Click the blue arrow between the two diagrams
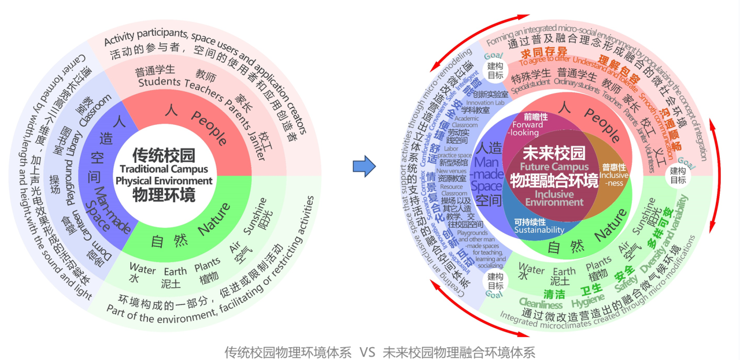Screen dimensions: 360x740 tap(364, 167)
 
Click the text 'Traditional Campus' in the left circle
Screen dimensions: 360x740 tap(164, 169)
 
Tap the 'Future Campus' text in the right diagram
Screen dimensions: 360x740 tap(553, 168)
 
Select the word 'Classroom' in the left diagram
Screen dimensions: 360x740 tap(96, 110)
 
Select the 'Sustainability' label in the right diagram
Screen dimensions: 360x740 tap(539, 230)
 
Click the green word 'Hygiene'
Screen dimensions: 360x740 tap(588, 300)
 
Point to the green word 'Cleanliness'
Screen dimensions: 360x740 tap(541, 304)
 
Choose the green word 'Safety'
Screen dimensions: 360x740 tap(626, 283)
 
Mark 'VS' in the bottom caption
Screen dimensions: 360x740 tap(368, 352)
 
